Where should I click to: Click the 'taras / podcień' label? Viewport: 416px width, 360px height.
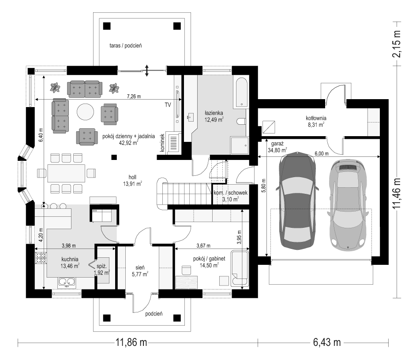(x=125, y=45)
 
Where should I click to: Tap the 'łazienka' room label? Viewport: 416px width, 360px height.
(x=214, y=113)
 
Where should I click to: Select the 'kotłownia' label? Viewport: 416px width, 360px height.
(x=316, y=118)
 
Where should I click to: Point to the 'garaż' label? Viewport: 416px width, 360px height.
(x=277, y=144)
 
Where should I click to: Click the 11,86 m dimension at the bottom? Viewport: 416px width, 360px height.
(x=131, y=342)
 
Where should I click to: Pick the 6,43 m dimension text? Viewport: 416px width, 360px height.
(x=327, y=342)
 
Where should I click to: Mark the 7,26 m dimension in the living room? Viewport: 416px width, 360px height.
(x=134, y=96)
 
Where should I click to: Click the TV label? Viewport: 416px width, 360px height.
(x=168, y=105)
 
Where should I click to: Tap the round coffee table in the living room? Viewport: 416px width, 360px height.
(x=85, y=112)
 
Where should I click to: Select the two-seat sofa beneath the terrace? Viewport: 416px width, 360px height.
(x=85, y=89)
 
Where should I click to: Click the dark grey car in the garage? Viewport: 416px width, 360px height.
(x=297, y=200)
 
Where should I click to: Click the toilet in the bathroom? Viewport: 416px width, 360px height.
(x=241, y=122)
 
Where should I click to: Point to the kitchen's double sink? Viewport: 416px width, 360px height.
(x=67, y=282)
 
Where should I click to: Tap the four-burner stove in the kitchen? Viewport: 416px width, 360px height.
(x=41, y=257)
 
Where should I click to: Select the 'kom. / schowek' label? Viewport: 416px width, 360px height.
(x=231, y=193)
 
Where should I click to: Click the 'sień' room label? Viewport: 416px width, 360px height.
(x=140, y=268)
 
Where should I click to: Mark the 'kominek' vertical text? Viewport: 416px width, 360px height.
(x=162, y=143)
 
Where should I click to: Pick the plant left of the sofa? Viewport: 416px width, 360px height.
(x=55, y=88)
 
